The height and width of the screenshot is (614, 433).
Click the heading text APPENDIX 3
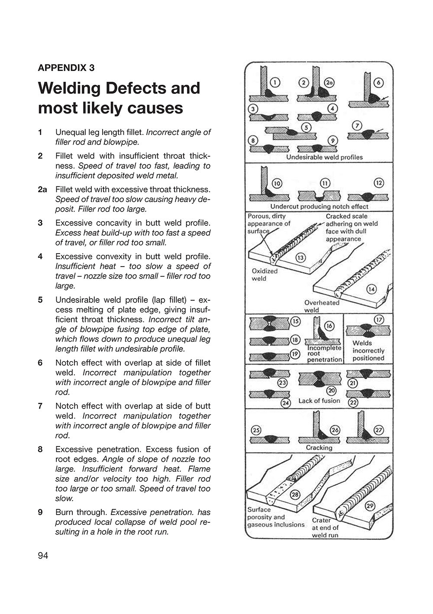point(66,68)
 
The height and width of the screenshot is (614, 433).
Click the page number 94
point(43,556)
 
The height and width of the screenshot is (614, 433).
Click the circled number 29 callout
point(370,506)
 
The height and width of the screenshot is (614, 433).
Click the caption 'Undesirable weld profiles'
point(324,157)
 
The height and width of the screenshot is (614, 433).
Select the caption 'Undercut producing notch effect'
point(319,207)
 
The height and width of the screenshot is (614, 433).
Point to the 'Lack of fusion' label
point(319,401)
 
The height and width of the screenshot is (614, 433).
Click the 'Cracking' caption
point(319,447)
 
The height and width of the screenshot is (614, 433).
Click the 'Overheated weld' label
point(322,306)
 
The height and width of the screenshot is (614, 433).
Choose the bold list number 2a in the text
point(42,190)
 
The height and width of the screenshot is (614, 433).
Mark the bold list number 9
point(40,512)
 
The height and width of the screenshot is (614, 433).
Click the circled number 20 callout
point(331,391)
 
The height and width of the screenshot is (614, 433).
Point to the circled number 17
point(379,320)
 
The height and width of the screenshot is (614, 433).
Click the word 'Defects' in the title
point(137,88)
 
